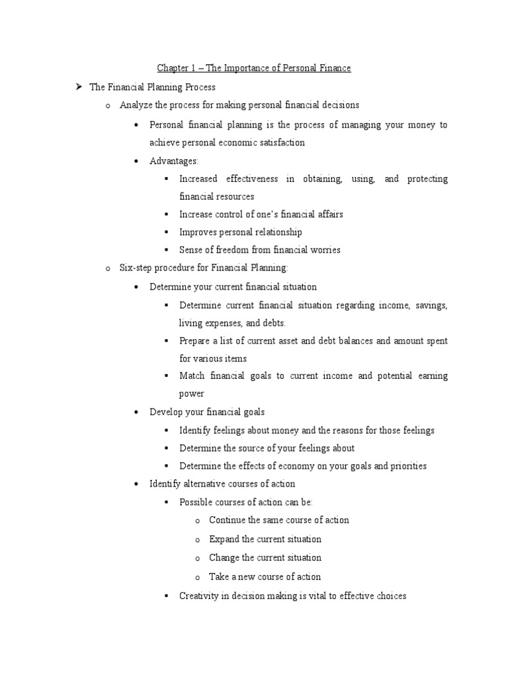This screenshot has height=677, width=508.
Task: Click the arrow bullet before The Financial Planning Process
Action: click(x=78, y=87)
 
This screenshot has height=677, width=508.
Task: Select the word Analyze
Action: click(x=136, y=104)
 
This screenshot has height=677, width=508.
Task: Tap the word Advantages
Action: click(x=173, y=161)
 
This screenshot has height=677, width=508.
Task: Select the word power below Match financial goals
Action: click(x=192, y=393)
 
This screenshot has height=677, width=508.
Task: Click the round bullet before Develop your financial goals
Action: click(x=136, y=412)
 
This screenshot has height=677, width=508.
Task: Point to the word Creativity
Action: click(x=199, y=596)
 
